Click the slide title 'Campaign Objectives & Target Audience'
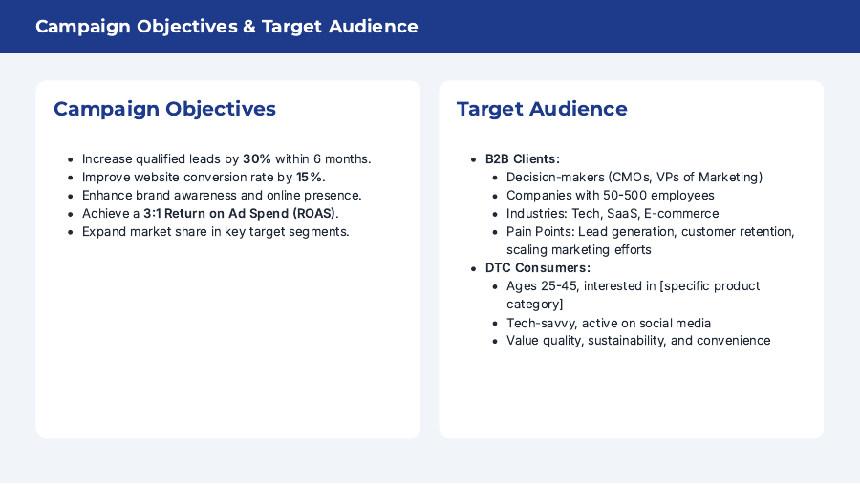226,27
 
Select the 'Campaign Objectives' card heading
164,109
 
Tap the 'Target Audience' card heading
542,109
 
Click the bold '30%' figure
257,159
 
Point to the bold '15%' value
311,178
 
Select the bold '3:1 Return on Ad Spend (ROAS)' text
240,214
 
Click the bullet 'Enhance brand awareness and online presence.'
222,196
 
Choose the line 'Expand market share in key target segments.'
216,232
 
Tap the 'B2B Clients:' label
523,159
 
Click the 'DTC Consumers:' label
537,268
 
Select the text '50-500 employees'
662,196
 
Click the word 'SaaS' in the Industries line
622,214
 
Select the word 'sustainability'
631,341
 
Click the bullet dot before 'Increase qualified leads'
71,159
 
